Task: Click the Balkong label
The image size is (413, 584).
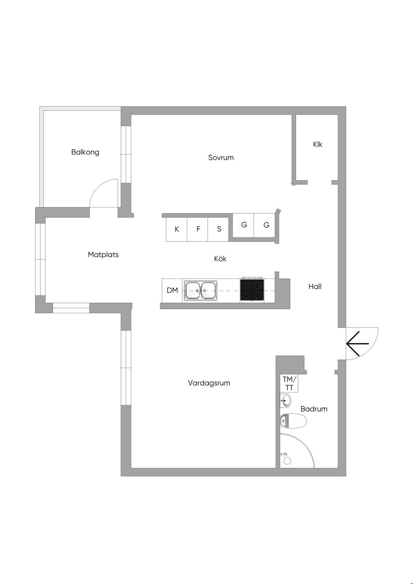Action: tap(85, 152)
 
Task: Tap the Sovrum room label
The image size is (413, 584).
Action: tap(221, 158)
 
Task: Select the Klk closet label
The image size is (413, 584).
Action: tap(317, 144)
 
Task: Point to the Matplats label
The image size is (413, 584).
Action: tap(103, 255)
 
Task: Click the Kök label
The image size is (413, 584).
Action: tap(220, 259)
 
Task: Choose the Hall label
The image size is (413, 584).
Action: tap(315, 287)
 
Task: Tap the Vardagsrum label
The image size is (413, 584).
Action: tap(209, 383)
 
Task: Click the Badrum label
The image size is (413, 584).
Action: tap(314, 409)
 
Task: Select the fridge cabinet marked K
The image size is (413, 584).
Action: tap(177, 229)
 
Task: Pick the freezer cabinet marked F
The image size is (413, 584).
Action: tap(198, 229)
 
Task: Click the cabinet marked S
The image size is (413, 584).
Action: tap(219, 229)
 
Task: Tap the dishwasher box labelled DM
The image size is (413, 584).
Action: tap(172, 290)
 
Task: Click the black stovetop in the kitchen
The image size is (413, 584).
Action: tap(252, 290)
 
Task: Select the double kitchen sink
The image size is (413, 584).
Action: tap(200, 290)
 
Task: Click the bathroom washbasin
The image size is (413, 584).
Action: tap(286, 401)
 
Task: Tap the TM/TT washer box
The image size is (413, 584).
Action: tap(289, 383)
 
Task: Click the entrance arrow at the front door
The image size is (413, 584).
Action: tap(357, 343)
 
